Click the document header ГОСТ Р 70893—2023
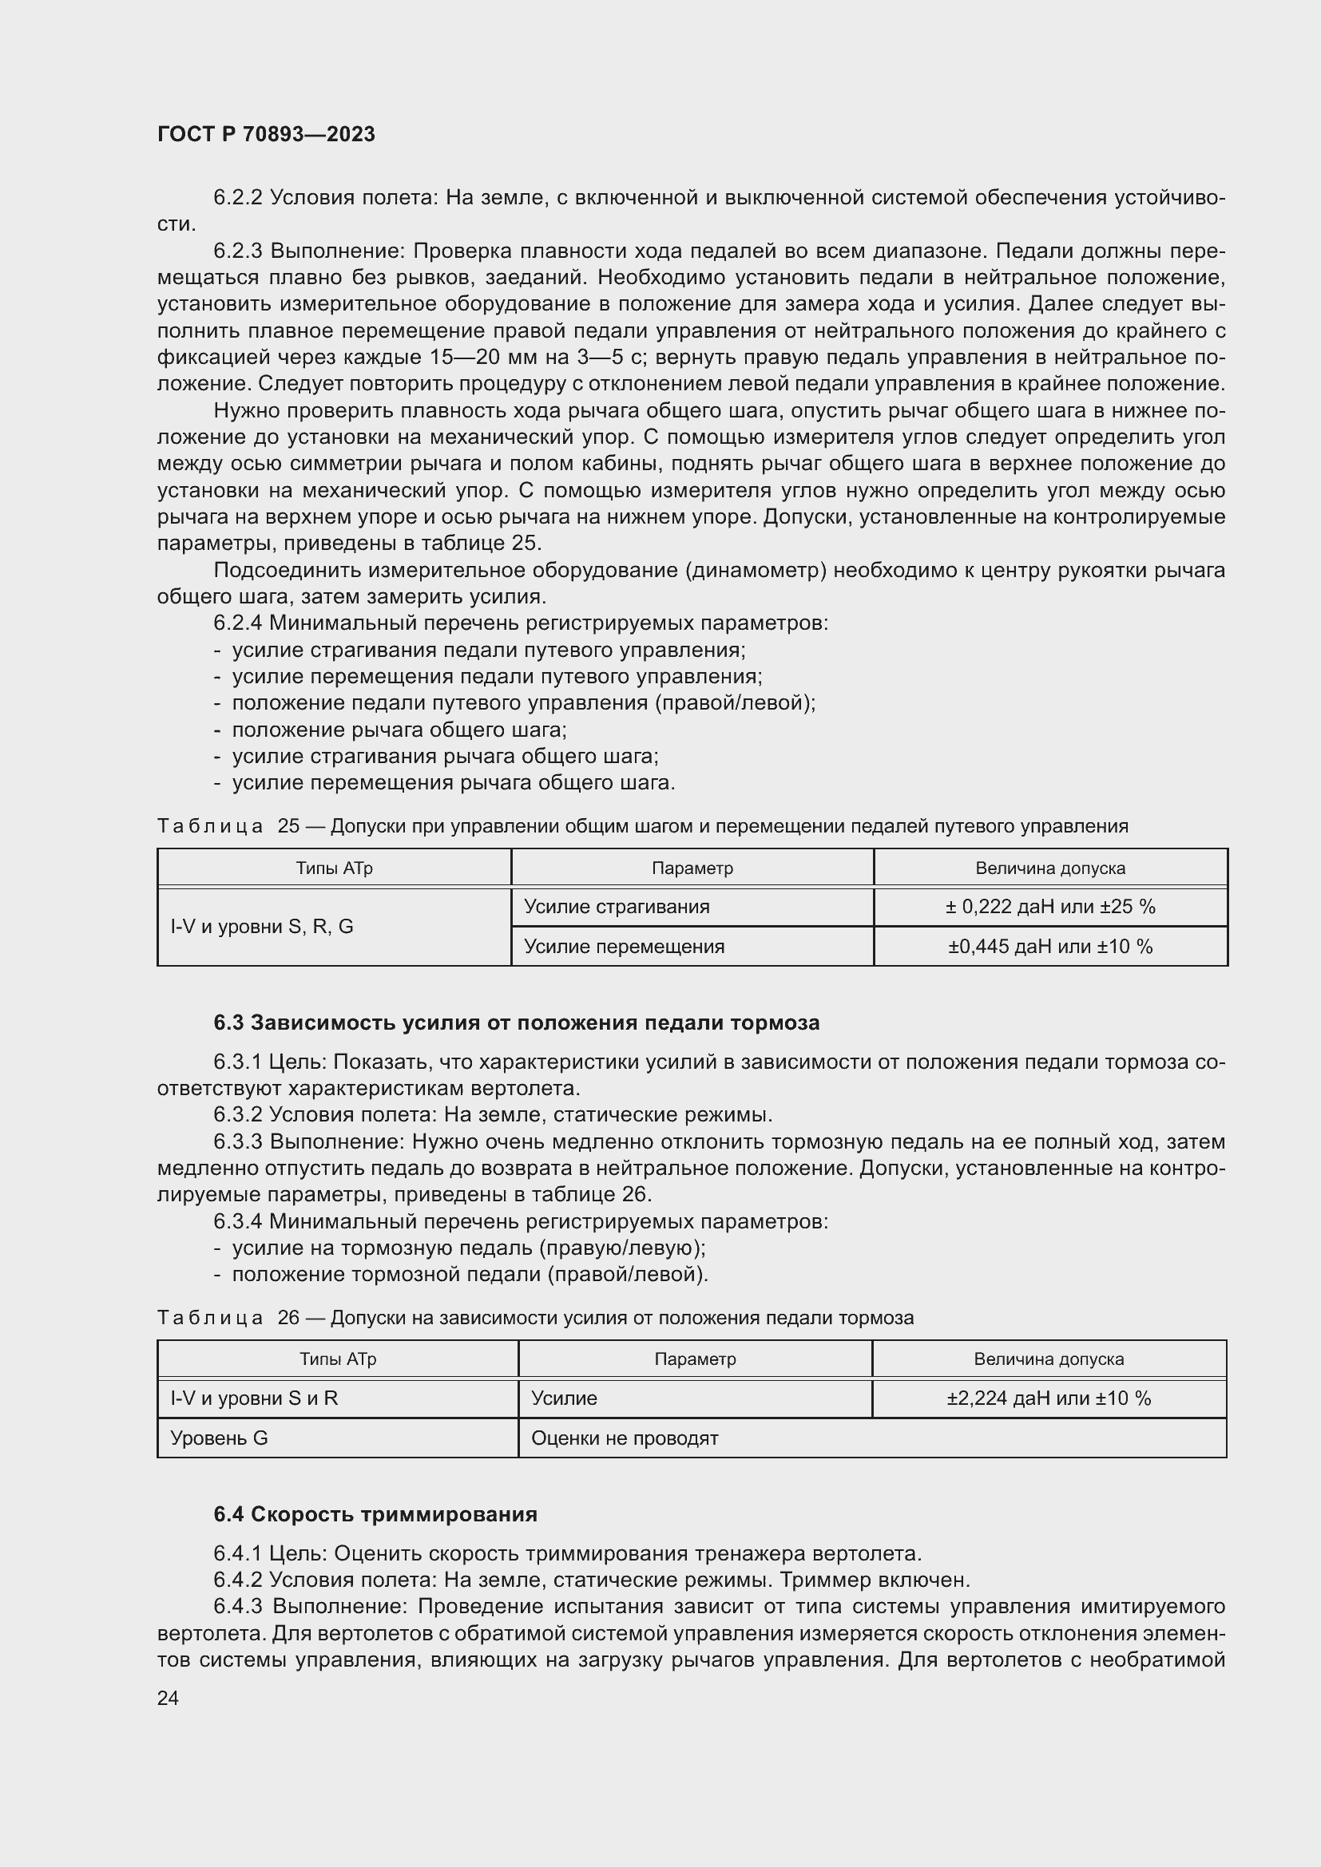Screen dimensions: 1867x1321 266,134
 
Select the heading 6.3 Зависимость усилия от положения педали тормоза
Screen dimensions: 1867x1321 517,1023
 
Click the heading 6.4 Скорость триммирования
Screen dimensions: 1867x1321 375,1514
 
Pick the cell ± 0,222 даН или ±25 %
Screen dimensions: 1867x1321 1049,907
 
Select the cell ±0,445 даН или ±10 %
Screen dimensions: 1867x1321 1049,947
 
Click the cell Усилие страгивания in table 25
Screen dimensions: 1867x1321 617,907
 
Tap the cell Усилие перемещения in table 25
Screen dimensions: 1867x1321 624,947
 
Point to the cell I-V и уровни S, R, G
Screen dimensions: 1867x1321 262,926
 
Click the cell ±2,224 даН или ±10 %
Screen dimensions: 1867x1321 1048,1398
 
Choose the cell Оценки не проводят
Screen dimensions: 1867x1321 625,1438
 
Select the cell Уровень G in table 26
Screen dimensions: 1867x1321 219,1438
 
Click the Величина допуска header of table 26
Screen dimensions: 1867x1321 1048,1359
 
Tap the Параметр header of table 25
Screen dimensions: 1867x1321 692,868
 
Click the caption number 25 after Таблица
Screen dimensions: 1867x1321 288,826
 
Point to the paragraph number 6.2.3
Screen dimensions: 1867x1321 237,251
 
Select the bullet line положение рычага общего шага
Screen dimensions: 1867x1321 399,730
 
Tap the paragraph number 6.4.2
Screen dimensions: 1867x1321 237,1580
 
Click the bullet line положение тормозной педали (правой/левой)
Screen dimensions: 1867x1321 470,1274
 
